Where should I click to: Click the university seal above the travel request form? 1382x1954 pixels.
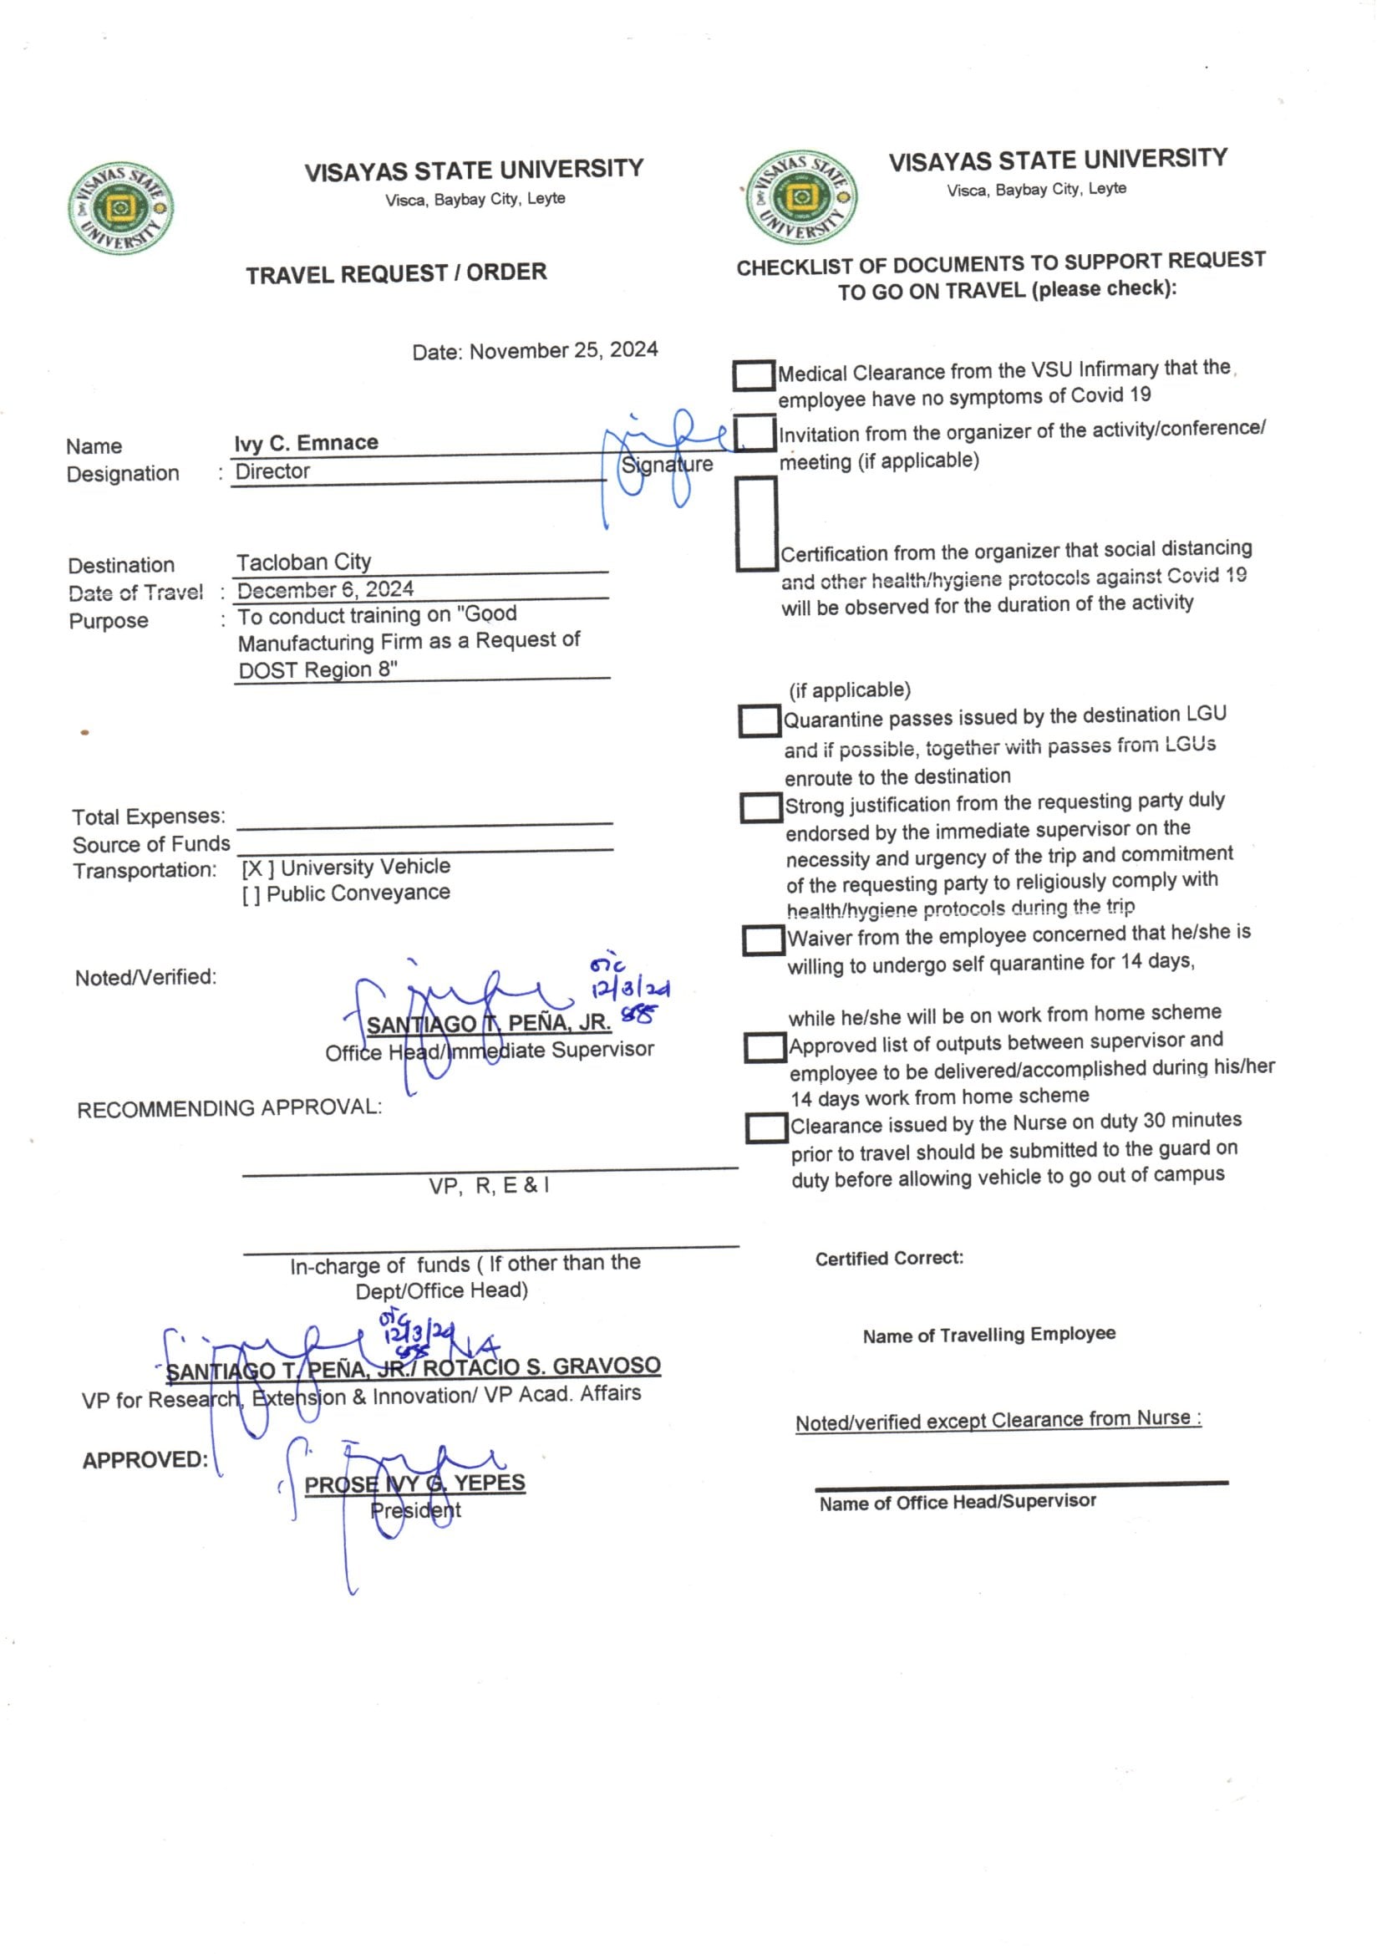[120, 208]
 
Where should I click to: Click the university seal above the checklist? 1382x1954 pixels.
[800, 198]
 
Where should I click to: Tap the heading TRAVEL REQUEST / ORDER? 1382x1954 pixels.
[396, 274]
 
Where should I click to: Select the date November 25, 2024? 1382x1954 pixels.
[562, 350]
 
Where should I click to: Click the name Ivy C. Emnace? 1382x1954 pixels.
[307, 443]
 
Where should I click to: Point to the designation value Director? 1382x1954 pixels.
[272, 471]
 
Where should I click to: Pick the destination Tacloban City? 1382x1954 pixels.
[304, 562]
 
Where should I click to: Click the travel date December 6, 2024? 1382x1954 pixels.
[325, 589]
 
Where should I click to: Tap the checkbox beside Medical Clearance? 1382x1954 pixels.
[753, 375]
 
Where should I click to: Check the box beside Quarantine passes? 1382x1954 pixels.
[759, 720]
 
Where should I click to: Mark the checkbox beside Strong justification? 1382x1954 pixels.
[761, 807]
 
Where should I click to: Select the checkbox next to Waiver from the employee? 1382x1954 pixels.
[764, 940]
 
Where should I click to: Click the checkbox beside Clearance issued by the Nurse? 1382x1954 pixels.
[766, 1128]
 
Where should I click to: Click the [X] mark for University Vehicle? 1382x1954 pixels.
[257, 869]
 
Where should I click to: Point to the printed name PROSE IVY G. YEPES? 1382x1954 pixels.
[414, 1485]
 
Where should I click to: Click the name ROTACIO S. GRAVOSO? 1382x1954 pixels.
[541, 1366]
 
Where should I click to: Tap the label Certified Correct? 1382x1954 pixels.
[888, 1259]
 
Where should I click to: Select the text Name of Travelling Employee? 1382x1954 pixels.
[988, 1336]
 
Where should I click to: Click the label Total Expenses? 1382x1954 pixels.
[149, 817]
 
